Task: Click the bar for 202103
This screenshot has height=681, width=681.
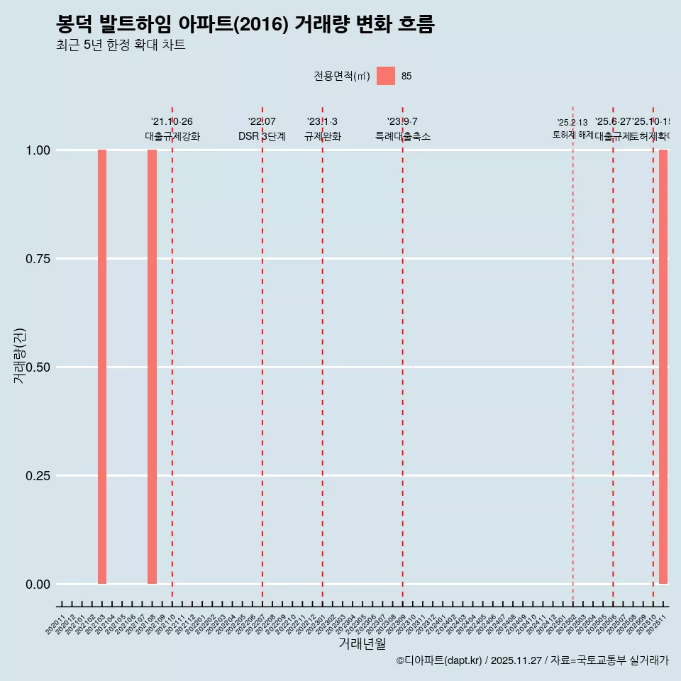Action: coord(102,367)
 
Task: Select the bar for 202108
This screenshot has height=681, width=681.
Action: coord(152,367)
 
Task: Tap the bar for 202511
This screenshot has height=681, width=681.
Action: coord(663,367)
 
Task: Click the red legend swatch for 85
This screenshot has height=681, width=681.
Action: coord(386,76)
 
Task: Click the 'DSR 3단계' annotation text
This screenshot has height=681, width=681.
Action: coord(262,137)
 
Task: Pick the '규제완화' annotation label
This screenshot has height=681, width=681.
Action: coord(323,137)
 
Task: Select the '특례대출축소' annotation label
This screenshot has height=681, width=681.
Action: coord(403,137)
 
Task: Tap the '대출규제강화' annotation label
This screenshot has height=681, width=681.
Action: coord(172,137)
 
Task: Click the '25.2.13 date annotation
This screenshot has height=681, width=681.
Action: coord(572,123)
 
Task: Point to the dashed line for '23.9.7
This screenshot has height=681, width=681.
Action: coord(403,355)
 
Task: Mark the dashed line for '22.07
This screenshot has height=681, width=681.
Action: coord(262,355)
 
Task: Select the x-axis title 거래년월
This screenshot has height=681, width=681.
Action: coord(362,644)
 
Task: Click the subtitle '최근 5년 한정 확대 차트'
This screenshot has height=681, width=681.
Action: coord(121,45)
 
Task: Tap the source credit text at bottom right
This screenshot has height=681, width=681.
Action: coord(532,660)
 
